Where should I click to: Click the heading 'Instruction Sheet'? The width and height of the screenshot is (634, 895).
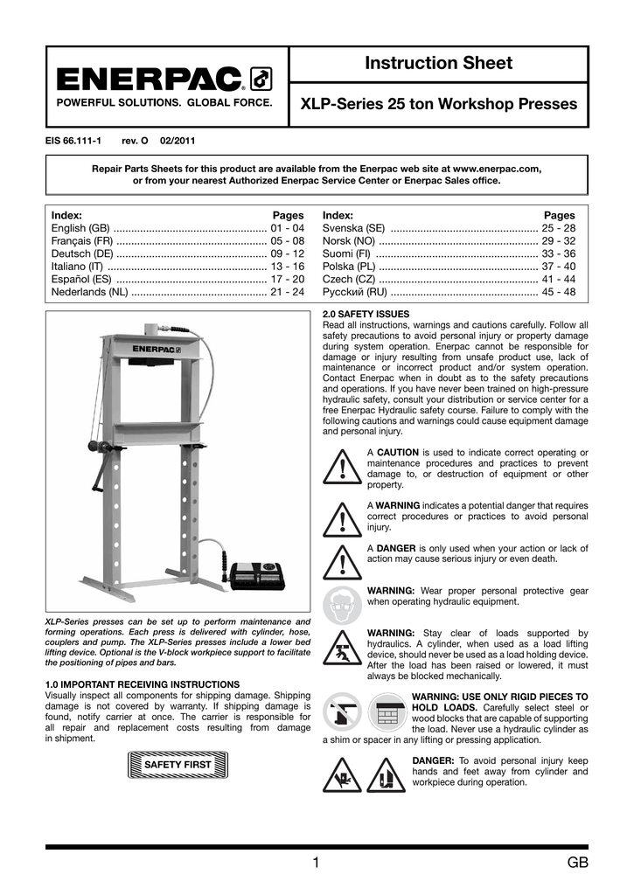click(x=438, y=63)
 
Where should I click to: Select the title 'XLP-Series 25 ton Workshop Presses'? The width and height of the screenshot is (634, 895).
click(x=438, y=104)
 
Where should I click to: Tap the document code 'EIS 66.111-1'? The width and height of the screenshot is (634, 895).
click(x=73, y=141)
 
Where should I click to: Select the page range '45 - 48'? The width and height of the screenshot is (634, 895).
click(x=558, y=292)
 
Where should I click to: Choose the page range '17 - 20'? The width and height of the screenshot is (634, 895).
click(x=287, y=279)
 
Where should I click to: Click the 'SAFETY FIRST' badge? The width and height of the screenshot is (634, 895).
click(x=178, y=765)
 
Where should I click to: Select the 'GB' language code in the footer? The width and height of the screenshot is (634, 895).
click(x=576, y=864)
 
